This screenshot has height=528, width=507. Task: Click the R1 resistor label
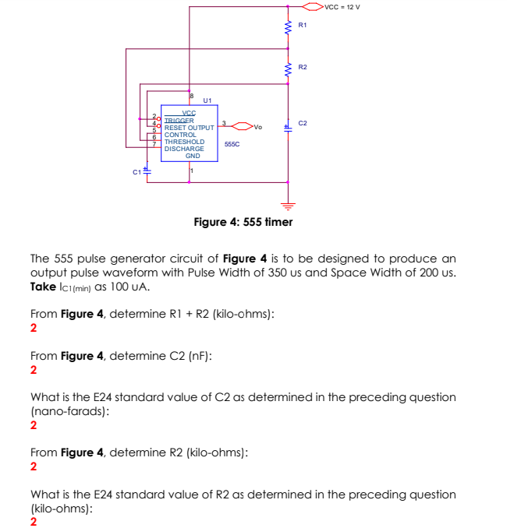(x=303, y=26)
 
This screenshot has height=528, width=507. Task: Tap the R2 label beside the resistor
(x=303, y=68)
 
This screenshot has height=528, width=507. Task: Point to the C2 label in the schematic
(x=303, y=124)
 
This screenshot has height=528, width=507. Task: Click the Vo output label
(x=259, y=126)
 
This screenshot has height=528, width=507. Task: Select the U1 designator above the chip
(x=207, y=100)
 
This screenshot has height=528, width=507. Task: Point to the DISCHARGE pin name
(x=184, y=149)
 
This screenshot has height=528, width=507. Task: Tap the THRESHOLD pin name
(x=184, y=142)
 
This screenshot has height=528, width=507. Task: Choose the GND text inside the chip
(x=192, y=156)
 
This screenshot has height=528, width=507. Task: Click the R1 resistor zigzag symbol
(x=288, y=27)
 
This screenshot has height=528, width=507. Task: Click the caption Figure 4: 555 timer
(x=243, y=222)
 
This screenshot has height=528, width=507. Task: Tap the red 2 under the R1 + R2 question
(x=33, y=328)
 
